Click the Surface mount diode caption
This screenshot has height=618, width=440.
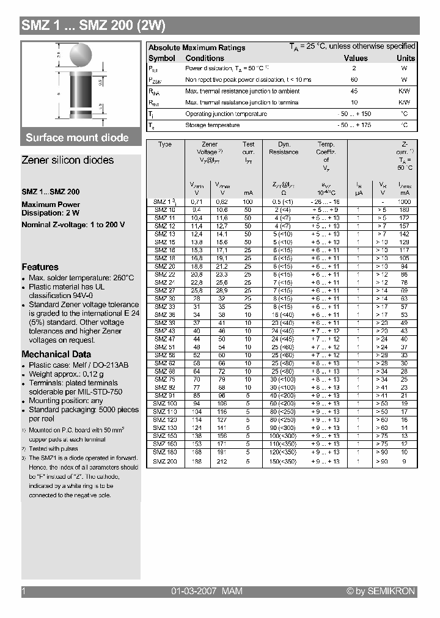77,137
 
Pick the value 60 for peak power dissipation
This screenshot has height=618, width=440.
354,80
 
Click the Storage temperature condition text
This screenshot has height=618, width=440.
212,125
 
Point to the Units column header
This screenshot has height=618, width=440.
405,58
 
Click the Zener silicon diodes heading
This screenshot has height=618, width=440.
67,160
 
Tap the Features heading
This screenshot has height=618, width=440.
40,267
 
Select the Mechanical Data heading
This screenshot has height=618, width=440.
56,354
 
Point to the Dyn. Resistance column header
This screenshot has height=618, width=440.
284,148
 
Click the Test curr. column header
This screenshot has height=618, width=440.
248,148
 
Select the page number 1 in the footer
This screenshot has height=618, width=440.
24,591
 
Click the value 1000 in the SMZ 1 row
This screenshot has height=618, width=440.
404,202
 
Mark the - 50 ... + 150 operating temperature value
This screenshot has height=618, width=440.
354,114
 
